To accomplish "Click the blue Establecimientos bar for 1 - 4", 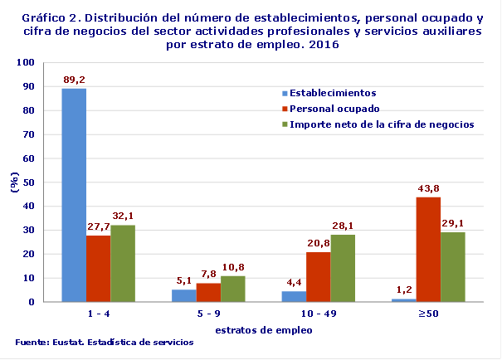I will tap(74, 195).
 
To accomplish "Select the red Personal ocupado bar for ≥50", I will tap(428, 250).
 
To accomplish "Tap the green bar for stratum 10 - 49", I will tap(343, 268).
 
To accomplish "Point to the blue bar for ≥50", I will tap(403, 300).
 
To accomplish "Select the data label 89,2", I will tap(74, 80).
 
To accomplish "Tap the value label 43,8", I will tap(428, 188).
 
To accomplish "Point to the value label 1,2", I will tap(403, 289).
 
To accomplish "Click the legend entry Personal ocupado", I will tap(334, 109).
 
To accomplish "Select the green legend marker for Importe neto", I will tap(284, 124).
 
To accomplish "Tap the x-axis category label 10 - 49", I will tap(318, 314).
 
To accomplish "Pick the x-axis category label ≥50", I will tap(428, 314).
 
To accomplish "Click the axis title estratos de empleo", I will tap(251, 329).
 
